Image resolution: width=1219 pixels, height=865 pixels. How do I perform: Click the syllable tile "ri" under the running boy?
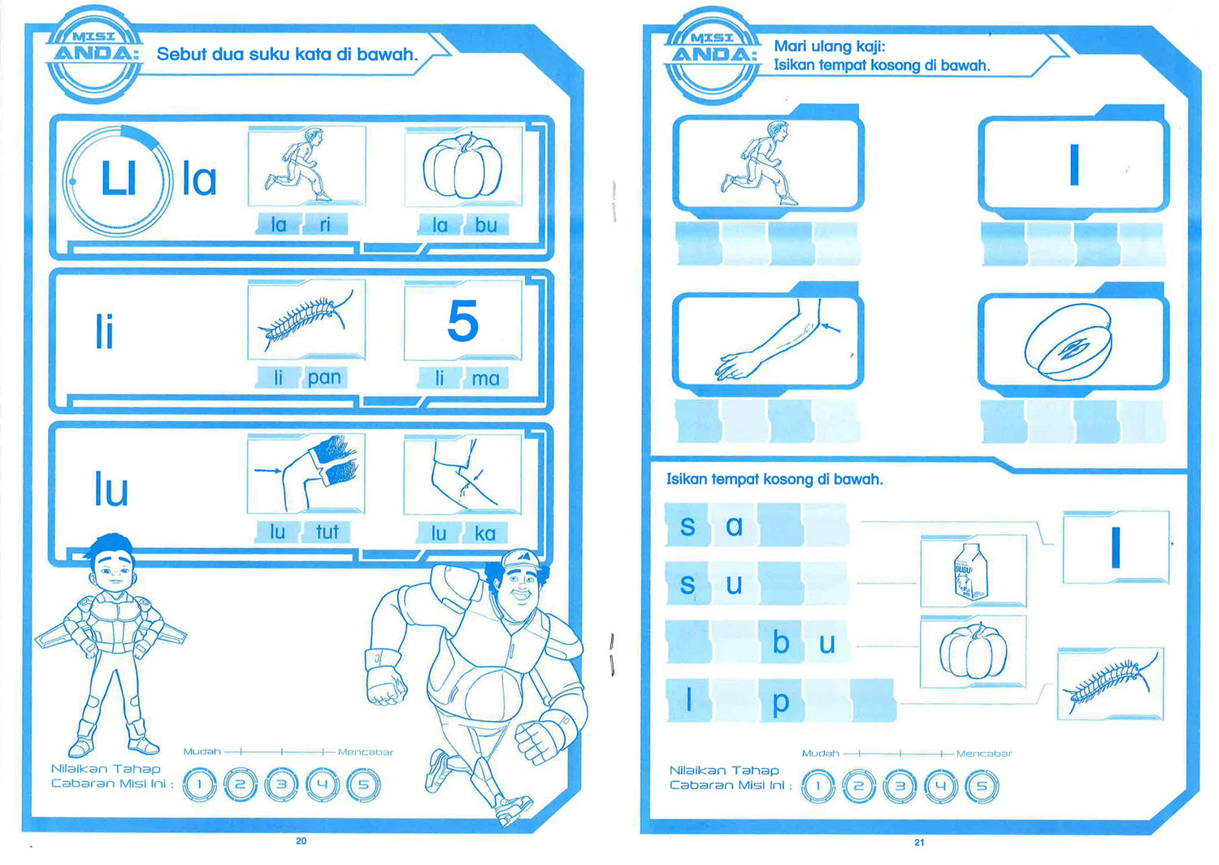325,224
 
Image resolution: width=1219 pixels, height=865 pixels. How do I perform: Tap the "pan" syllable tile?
324,377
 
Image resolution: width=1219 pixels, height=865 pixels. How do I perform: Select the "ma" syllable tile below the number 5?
485,378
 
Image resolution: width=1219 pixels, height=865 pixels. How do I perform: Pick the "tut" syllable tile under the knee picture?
327,532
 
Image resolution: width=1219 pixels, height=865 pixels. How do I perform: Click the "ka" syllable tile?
485,533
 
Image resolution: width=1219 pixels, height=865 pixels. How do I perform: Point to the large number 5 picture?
462,321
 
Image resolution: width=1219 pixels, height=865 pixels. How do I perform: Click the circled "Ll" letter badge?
118,180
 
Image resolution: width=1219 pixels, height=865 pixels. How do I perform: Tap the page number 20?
301,841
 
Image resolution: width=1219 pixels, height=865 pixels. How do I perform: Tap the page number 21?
919,843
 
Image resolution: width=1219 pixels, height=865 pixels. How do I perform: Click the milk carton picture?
971,572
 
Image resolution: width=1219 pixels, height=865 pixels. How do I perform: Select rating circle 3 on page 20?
281,785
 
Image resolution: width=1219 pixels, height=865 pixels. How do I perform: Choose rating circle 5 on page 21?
981,786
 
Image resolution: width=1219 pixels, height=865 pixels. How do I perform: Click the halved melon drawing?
1068,342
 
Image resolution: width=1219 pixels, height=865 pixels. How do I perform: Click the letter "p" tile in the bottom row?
781,701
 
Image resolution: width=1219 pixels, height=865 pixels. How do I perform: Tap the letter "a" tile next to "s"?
734,525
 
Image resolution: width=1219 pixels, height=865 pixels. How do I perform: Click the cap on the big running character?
521,559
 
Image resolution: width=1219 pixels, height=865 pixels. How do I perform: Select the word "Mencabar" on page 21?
984,754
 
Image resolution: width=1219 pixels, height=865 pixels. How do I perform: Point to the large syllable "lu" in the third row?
111,489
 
